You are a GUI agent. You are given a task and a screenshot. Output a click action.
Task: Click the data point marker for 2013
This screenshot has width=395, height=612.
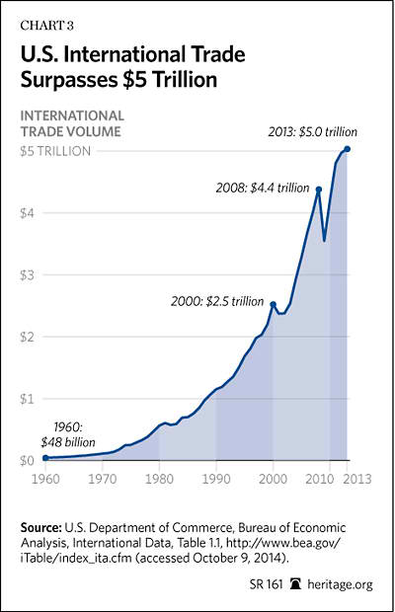coord(348,149)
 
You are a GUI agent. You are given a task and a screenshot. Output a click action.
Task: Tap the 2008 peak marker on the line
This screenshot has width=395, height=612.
coord(319,190)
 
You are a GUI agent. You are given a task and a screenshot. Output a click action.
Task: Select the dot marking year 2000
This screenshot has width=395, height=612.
coord(274,304)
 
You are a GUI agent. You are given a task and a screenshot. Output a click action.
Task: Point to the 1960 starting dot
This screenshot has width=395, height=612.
coord(45,457)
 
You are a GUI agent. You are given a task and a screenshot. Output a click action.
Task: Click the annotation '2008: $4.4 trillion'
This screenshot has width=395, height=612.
coord(263,189)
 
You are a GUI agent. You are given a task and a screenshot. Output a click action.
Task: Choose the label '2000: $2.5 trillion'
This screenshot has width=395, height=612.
coord(217,302)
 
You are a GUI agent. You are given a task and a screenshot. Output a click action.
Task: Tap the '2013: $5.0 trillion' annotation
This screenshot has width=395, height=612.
coord(313,132)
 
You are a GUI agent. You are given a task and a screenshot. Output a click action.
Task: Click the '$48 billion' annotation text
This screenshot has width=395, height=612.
coord(68,442)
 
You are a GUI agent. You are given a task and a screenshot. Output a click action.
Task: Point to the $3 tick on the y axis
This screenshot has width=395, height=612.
coord(28,275)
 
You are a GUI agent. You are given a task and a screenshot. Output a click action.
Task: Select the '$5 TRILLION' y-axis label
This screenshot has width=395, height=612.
coord(55,151)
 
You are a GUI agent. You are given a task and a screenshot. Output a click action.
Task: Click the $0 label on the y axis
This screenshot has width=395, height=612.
coord(28,461)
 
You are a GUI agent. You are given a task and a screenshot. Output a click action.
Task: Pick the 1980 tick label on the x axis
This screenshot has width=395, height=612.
coord(159,479)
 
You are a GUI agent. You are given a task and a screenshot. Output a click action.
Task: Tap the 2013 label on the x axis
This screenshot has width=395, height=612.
coord(355,479)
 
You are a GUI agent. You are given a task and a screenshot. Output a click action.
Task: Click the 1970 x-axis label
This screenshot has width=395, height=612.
coord(103,479)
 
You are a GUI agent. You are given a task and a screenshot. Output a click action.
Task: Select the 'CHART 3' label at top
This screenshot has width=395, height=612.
coord(46,26)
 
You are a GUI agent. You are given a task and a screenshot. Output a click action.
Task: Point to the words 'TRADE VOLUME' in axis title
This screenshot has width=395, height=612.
coord(71,131)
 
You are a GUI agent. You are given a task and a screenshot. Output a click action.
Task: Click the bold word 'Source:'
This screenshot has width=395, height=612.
coord(41,528)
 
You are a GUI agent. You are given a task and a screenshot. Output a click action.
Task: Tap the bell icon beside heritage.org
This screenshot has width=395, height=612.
coord(295,584)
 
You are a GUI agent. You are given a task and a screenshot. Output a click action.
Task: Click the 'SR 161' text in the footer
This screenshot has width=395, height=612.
coord(266,584)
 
